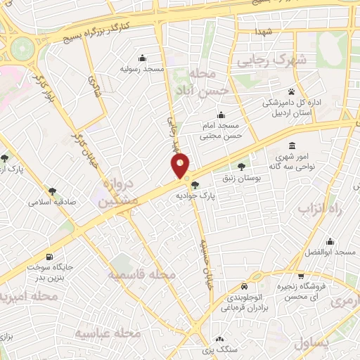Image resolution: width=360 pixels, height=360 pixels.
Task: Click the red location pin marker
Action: coord(181,165)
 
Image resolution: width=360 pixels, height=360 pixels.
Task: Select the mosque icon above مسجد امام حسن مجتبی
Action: coord(222,115)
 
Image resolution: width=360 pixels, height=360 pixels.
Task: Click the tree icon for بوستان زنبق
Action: coord(243,167)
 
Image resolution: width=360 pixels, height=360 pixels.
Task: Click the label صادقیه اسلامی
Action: coord(52,202)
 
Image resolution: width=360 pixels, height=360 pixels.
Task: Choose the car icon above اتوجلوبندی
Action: coord(243,287)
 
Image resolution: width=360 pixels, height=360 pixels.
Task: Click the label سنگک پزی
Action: coord(217,349)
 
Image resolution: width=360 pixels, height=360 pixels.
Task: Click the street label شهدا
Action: coord(264,32)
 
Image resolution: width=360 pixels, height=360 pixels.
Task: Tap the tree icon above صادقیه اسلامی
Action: coord(52,191)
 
